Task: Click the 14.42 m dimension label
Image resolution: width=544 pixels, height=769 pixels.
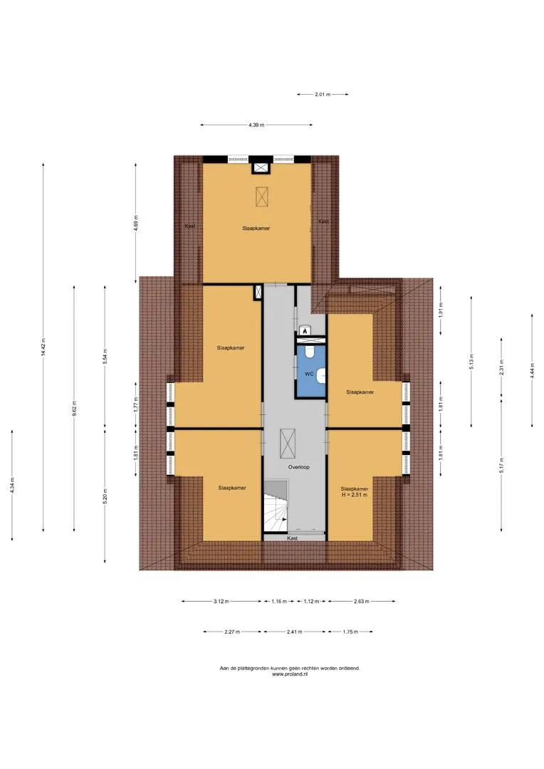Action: pyautogui.click(x=43, y=347)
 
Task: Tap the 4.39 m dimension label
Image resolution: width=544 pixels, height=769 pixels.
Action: pyautogui.click(x=256, y=125)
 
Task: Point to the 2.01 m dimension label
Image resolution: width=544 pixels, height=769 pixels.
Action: pyautogui.click(x=323, y=94)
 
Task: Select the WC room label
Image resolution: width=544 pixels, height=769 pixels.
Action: pyautogui.click(x=309, y=374)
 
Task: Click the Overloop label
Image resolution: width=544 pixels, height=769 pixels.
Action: pyautogui.click(x=299, y=467)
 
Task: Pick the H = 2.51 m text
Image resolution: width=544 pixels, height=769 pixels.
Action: pyautogui.click(x=355, y=495)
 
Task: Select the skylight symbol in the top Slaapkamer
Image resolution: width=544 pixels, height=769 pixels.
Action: pyautogui.click(x=263, y=197)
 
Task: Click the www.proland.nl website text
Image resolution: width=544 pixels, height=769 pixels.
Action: pyautogui.click(x=290, y=674)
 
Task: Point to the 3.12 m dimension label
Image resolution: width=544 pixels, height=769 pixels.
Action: pyautogui.click(x=221, y=601)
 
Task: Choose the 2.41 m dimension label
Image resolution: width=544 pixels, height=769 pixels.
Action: pyautogui.click(x=294, y=632)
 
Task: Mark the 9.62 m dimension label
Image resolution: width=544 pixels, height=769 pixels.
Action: pyautogui.click(x=74, y=409)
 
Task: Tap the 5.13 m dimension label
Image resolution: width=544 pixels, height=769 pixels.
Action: pyautogui.click(x=471, y=361)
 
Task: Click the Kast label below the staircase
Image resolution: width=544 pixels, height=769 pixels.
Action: pyautogui.click(x=293, y=538)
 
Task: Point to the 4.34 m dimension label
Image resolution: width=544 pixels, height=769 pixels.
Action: pyautogui.click(x=12, y=485)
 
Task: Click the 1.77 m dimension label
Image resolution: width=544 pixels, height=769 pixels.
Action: pyautogui.click(x=136, y=404)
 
